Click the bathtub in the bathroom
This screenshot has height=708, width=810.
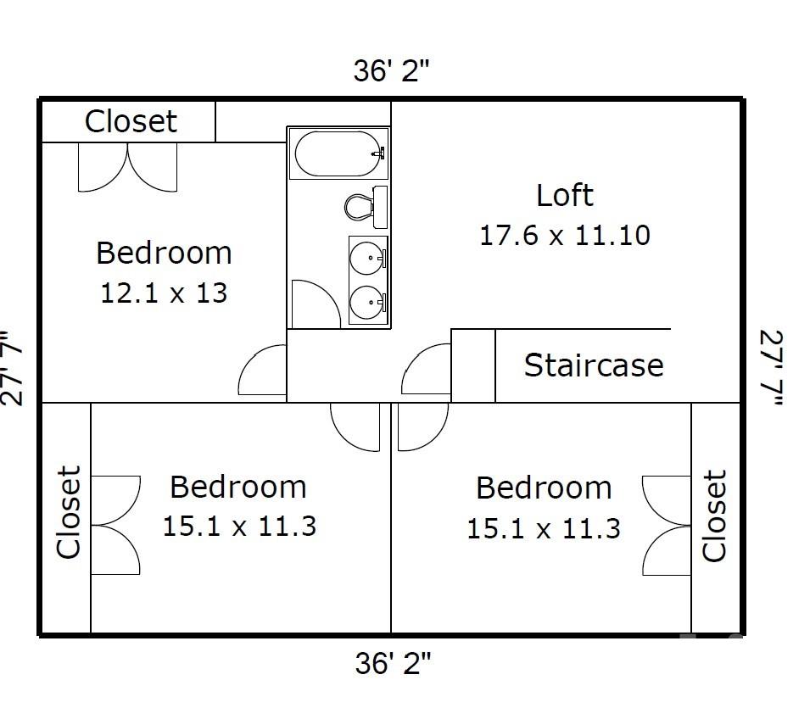tap(338, 153)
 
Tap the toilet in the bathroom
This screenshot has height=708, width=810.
tap(366, 207)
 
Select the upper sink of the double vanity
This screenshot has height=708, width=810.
tap(367, 257)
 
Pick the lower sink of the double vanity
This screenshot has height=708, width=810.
tap(367, 302)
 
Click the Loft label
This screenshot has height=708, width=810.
tap(565, 195)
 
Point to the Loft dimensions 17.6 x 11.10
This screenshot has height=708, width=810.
tap(565, 236)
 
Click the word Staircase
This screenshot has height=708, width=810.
tap(594, 365)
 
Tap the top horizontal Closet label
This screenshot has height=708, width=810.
tap(131, 121)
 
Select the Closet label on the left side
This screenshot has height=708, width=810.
tap(68, 512)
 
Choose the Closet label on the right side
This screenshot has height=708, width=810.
tap(714, 515)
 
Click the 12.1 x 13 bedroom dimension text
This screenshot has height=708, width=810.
tap(164, 293)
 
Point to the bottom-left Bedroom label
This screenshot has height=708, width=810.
tap(238, 487)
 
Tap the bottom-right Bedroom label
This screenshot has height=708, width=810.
tap(544, 488)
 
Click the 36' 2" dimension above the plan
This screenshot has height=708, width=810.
tap(392, 70)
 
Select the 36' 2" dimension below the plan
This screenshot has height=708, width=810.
tap(393, 663)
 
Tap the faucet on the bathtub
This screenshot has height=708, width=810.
tap(380, 153)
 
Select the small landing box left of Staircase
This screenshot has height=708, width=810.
tap(473, 365)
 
